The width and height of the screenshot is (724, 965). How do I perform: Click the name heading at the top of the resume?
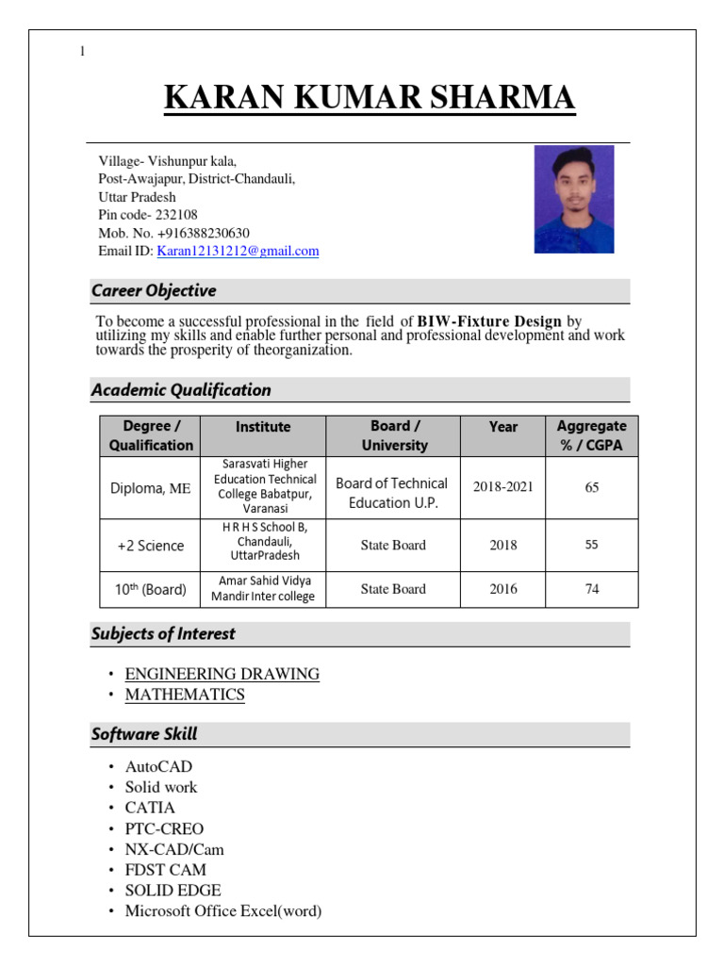[x=370, y=99]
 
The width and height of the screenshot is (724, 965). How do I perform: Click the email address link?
[x=238, y=251]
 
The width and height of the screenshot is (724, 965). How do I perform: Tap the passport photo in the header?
[x=574, y=199]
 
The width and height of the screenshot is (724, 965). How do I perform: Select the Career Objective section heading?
[x=154, y=291]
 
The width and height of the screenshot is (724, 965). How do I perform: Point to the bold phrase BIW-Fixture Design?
[x=489, y=321]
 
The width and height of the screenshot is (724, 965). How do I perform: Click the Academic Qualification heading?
[x=181, y=390]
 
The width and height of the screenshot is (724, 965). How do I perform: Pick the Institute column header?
[x=263, y=427]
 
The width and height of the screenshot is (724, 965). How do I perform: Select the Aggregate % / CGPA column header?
[x=591, y=436]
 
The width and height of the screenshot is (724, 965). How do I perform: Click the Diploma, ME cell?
[x=150, y=488]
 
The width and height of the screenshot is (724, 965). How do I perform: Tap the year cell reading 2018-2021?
[x=503, y=487]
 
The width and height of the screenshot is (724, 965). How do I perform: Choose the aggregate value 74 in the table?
[x=591, y=589]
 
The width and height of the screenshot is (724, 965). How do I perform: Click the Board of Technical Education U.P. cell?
[x=392, y=493]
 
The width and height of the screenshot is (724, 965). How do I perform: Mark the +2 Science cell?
[x=150, y=546]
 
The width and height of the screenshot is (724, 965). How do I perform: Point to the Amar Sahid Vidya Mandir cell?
[x=263, y=589]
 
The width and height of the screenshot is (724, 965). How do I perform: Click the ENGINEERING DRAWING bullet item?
[x=222, y=675]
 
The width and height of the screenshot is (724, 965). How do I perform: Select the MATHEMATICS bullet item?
[x=185, y=695]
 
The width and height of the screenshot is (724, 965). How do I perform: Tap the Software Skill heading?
[x=144, y=734]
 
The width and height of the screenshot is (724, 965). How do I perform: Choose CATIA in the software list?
[x=150, y=809]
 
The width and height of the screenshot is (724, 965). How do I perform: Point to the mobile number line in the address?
[x=173, y=233]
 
